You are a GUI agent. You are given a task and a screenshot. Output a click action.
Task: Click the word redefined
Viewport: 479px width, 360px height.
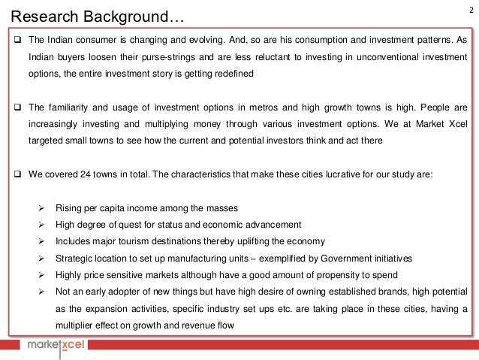point(231,74)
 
